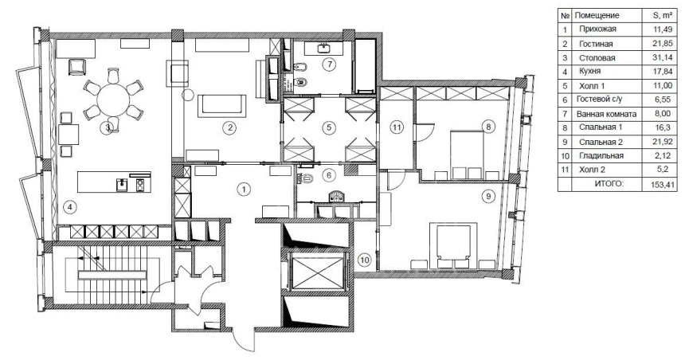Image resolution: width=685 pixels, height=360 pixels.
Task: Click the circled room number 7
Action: coord(330,65)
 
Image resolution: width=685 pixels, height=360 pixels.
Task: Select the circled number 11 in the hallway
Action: coord(396,127)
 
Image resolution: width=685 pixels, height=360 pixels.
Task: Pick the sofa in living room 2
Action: coord(221,106)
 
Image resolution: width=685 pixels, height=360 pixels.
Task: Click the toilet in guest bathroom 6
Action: coord(305,178)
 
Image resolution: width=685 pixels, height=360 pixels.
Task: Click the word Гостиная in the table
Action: coord(596,44)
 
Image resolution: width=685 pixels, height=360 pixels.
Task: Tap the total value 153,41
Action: coord(663,185)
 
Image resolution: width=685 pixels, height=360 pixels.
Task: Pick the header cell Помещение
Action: coord(597,15)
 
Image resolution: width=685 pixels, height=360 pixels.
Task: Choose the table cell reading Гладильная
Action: coord(601,155)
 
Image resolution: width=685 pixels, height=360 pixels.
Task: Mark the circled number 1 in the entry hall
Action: coord(244,190)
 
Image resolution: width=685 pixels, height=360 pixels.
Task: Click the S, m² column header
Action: coord(663,15)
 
